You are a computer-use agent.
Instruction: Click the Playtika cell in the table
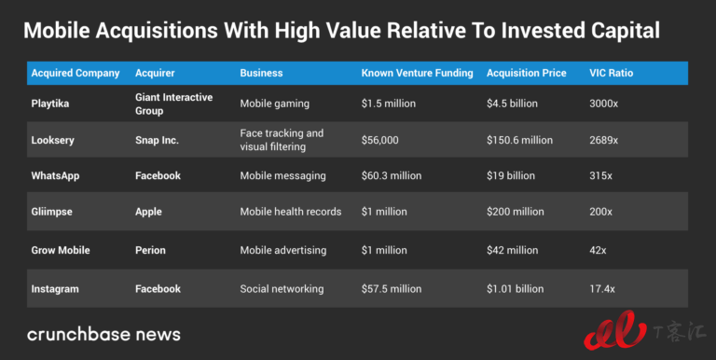[50, 104]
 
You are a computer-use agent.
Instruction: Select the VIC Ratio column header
[611, 73]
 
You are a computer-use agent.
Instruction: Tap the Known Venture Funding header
[417, 73]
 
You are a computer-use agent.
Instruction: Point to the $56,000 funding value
[380, 140]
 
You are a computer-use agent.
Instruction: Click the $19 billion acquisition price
[511, 176]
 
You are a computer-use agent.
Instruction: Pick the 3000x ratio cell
[604, 104]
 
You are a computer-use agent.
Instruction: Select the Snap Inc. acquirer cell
[157, 140]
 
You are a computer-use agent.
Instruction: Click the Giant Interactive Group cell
[173, 104]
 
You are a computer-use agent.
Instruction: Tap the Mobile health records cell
[291, 212]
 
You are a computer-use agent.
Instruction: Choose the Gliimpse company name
[51, 212]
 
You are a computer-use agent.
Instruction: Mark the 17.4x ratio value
[602, 289]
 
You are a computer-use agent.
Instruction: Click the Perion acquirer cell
[150, 250]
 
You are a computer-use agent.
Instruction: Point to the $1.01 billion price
[515, 289]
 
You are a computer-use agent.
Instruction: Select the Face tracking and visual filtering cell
[282, 140]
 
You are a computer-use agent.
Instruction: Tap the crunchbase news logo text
[103, 334]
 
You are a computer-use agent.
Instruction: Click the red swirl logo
[614, 330]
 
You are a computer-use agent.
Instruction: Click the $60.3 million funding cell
[392, 176]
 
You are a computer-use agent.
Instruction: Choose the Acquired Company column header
[76, 73]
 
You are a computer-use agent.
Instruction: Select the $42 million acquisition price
[513, 250]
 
